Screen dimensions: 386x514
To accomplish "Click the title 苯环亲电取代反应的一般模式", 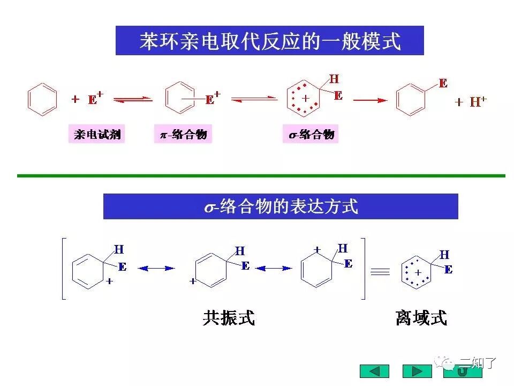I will point(270,41).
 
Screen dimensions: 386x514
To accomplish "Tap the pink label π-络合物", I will point(183,134).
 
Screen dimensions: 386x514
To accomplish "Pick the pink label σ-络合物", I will point(311,134).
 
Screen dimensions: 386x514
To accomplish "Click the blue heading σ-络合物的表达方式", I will point(281,206).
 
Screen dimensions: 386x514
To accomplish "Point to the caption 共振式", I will point(229,318).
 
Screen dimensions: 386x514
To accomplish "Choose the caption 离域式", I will point(421,318).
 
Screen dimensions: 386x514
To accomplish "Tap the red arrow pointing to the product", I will point(369,100).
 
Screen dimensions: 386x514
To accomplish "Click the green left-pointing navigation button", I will point(374,371).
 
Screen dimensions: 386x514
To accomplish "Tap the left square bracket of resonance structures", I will point(64,269).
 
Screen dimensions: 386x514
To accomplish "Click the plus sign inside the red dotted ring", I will point(306,98).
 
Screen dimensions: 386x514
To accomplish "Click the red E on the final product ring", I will point(443,83).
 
